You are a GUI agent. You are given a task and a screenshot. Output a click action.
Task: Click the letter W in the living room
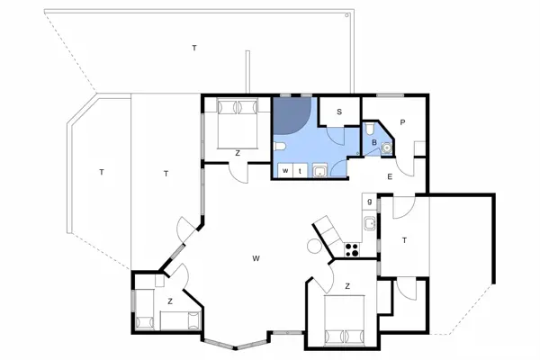[256, 258]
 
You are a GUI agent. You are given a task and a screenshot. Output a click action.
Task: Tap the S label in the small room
[339, 112]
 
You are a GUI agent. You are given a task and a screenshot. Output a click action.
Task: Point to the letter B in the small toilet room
[373, 142]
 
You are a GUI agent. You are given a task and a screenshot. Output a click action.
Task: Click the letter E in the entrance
[390, 177]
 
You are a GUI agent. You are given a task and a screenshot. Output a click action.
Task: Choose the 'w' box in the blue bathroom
[284, 169]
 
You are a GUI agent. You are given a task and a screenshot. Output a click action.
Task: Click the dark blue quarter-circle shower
[290, 113]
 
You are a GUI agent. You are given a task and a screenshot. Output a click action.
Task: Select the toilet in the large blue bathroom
[281, 147]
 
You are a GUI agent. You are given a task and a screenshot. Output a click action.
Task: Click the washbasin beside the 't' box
[319, 169]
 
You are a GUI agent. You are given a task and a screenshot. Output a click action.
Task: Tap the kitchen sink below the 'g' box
[369, 221]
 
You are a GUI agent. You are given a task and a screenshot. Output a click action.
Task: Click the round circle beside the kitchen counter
[315, 246]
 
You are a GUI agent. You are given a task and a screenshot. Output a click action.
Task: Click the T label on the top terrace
[193, 47]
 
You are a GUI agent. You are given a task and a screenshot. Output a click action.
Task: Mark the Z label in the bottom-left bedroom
[169, 301]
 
